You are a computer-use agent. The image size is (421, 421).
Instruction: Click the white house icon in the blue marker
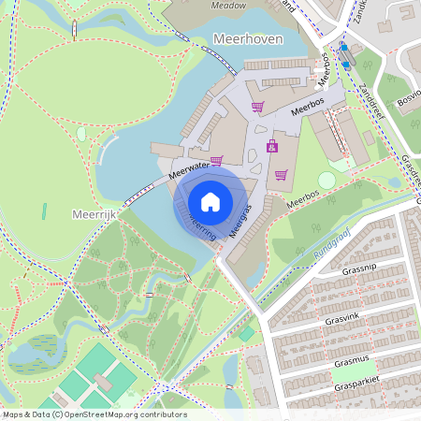[x=210, y=200]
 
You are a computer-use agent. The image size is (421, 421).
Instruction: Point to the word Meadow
[x=227, y=5]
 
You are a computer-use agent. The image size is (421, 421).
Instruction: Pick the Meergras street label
[x=243, y=222]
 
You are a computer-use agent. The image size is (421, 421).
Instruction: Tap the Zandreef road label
[x=371, y=94]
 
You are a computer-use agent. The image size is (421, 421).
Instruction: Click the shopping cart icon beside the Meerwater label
[x=217, y=161]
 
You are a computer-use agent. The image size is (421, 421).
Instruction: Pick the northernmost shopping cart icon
[x=257, y=107]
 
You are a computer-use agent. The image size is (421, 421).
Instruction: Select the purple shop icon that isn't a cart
[x=271, y=146]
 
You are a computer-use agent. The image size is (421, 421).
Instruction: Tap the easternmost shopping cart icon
[x=281, y=174]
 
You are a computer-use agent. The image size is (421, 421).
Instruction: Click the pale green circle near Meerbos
[x=327, y=180]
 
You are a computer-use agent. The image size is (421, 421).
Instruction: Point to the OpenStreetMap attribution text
[x=94, y=414]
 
